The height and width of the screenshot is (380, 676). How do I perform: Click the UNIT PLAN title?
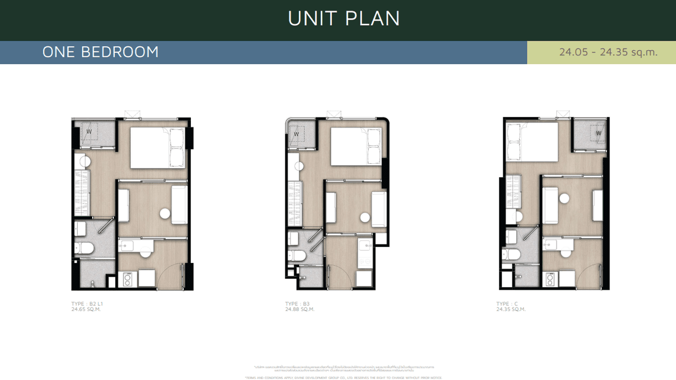click(344, 19)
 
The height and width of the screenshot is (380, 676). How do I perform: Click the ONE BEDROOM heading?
click(100, 52)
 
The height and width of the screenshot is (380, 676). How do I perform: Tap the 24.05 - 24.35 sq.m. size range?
click(608, 52)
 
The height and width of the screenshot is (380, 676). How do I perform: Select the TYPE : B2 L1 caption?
click(87, 304)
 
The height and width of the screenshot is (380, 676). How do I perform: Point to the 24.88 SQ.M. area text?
click(300, 309)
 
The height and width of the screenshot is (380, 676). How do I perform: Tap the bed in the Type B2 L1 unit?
click(158, 148)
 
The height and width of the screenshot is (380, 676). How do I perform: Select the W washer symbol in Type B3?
click(296, 134)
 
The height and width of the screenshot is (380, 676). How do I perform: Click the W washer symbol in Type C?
click(598, 133)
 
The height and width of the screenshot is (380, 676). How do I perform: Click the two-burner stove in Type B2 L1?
click(127, 279)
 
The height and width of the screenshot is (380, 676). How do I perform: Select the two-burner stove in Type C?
click(550, 279)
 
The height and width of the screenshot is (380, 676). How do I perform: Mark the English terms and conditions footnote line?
click(344, 377)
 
